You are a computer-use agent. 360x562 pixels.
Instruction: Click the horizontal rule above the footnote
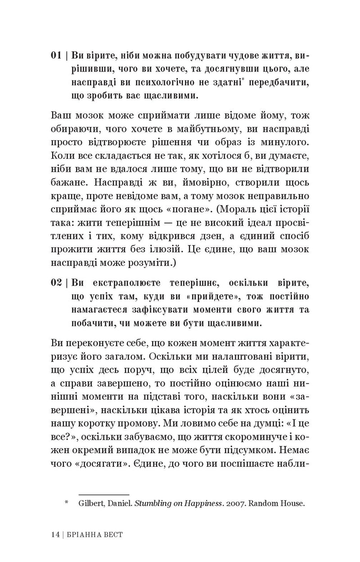pos(104,482)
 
